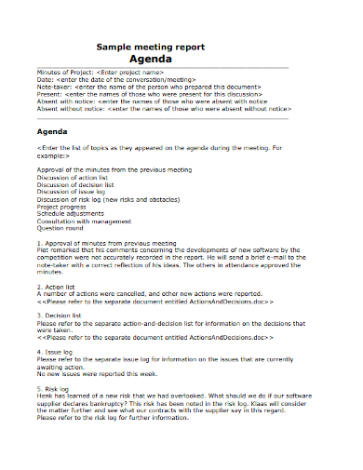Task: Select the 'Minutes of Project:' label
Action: click(64, 72)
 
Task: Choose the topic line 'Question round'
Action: click(60, 229)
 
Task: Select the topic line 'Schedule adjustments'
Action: click(70, 214)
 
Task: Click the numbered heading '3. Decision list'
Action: click(60, 316)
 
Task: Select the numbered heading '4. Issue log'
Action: click(56, 353)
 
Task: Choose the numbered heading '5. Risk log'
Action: click(54, 388)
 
